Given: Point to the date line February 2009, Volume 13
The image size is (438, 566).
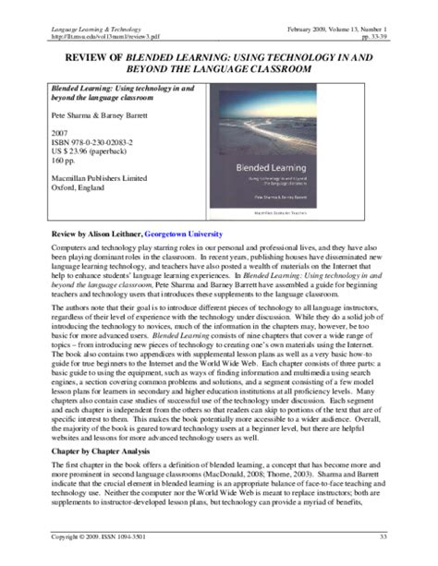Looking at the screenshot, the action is coord(352,7).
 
